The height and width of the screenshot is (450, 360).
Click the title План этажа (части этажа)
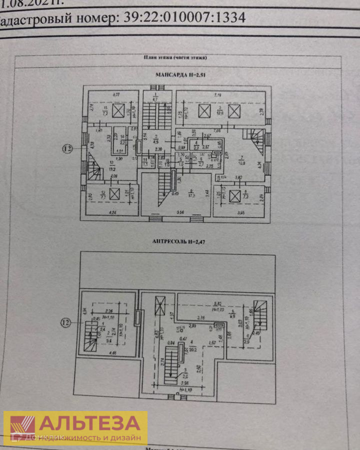(175, 57)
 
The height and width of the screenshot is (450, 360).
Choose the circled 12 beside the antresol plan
(67, 323)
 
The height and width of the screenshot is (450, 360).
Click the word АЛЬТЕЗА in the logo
(90, 423)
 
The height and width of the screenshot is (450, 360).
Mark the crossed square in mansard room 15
(118, 110)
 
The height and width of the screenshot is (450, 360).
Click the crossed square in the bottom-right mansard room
(234, 196)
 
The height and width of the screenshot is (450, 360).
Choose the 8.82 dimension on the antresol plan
(217, 303)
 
